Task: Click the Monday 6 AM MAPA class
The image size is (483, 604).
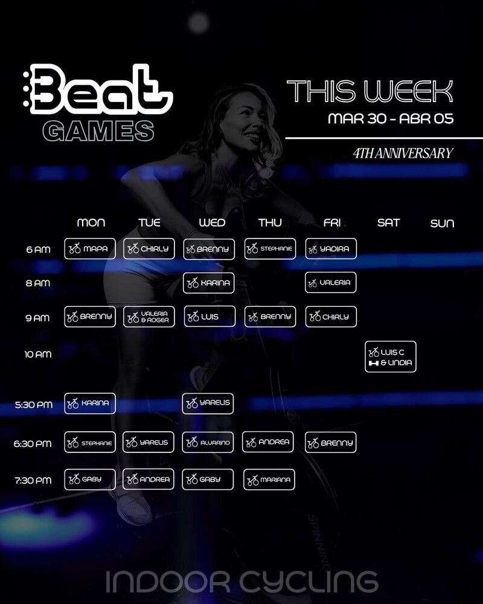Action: [x=90, y=248]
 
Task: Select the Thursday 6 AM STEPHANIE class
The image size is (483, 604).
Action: [x=270, y=248]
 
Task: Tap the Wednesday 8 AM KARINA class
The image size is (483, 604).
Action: [x=208, y=283]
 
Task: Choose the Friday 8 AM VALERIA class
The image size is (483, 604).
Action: [x=330, y=282]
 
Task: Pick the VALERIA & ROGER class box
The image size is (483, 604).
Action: [x=149, y=316]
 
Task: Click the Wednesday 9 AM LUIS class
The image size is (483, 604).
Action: [x=210, y=316]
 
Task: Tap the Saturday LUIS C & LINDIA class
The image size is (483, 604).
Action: [x=391, y=357]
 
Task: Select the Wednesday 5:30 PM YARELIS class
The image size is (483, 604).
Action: [x=208, y=403]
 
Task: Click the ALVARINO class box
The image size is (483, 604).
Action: [x=208, y=442]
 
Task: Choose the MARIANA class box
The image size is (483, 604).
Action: [x=269, y=480]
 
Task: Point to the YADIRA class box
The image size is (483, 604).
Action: [x=331, y=248]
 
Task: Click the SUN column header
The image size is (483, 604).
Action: [x=442, y=223]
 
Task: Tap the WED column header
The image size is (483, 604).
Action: [x=212, y=223]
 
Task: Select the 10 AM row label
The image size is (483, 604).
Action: [x=38, y=355]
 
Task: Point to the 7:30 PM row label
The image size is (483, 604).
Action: [x=33, y=481]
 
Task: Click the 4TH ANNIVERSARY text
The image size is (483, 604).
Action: [x=403, y=153]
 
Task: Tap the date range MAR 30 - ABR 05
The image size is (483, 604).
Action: [x=391, y=118]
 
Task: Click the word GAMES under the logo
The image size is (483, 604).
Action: [x=98, y=131]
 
